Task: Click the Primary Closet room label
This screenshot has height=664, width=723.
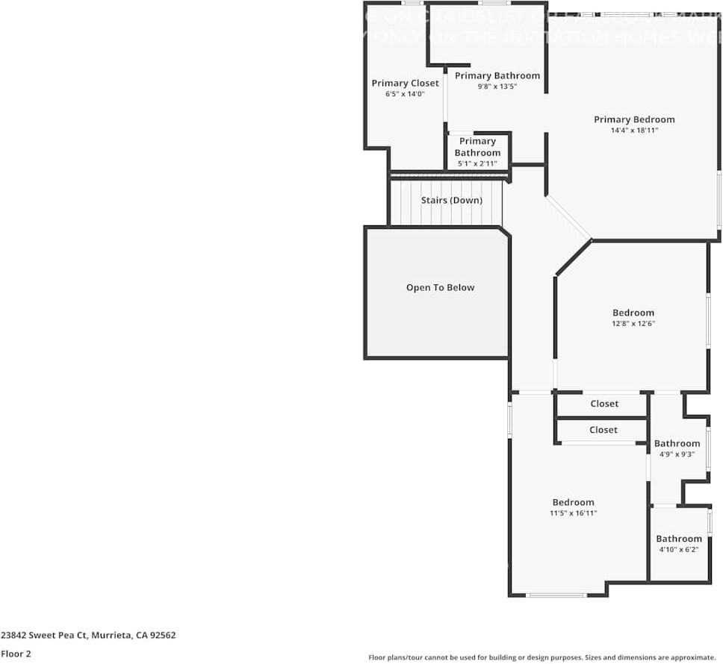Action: pos(405,83)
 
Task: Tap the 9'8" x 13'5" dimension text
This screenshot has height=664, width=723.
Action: pos(497,87)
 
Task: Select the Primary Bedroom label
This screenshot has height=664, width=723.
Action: pos(634,119)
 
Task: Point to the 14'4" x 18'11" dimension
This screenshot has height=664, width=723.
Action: pos(634,131)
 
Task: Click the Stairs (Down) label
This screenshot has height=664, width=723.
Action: pos(451,200)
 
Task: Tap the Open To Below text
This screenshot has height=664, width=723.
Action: pos(440,287)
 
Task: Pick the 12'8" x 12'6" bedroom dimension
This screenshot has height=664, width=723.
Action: pos(633,324)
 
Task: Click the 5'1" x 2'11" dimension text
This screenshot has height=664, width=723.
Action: pos(477,163)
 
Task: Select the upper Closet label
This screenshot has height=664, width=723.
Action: pos(604,404)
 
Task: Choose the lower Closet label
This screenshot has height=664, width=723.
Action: pos(603,430)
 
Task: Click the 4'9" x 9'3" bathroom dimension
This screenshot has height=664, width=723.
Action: pos(677,454)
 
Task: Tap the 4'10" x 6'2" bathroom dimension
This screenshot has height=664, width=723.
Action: pos(679,550)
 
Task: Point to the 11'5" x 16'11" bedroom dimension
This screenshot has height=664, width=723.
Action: pos(573,513)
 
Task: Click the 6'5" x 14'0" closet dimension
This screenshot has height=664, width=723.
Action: pos(405,94)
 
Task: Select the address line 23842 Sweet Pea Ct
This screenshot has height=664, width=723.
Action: pos(88,636)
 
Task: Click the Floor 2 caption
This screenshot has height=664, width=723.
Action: pos(16,654)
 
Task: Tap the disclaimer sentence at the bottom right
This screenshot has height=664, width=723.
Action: pos(542,657)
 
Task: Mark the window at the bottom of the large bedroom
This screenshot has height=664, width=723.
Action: pos(556,595)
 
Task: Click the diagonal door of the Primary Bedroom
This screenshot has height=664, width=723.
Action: pos(568,218)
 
